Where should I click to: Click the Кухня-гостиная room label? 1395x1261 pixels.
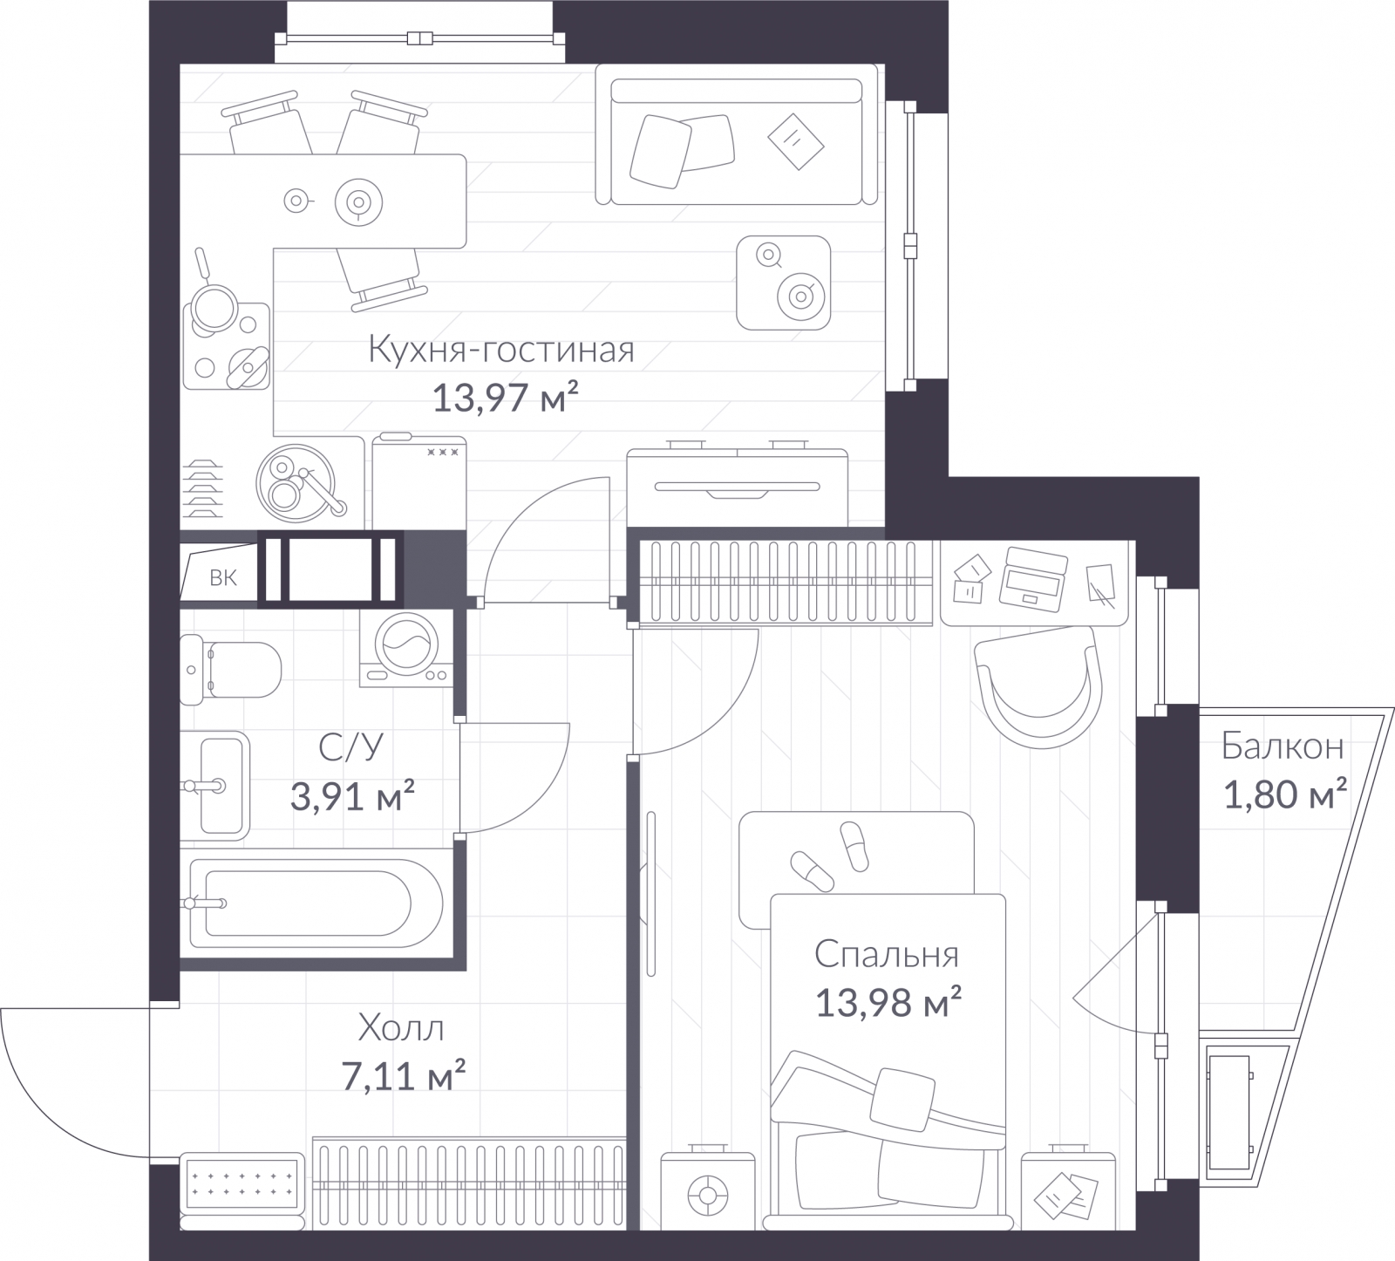tap(501, 350)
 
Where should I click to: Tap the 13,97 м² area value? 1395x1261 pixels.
tap(506, 399)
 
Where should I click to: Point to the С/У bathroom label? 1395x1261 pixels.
tap(350, 747)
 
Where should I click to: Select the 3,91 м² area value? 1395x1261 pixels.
tap(351, 795)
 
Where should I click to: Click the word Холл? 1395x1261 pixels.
tap(401, 1029)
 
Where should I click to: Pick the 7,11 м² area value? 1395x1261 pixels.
tap(403, 1076)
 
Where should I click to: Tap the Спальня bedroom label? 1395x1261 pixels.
tap(887, 955)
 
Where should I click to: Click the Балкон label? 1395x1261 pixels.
tap(1282, 746)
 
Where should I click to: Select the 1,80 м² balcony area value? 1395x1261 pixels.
tap(1286, 794)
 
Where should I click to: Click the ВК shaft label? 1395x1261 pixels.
tap(223, 578)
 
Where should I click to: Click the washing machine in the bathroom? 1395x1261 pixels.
tap(407, 648)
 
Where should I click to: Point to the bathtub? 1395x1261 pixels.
tap(316, 904)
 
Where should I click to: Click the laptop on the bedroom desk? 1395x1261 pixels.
tap(1035, 576)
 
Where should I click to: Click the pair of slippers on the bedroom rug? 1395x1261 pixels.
tap(831, 855)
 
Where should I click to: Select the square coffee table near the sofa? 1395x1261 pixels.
tap(783, 283)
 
